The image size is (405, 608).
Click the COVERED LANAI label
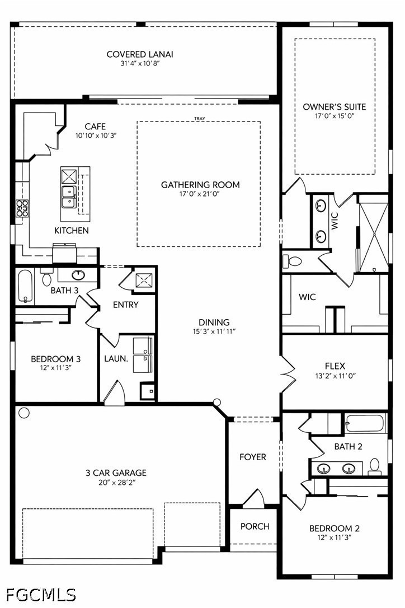pos(139,54)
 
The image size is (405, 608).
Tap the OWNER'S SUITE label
pos(334,106)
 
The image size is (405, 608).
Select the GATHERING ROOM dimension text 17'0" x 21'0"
pos(199,194)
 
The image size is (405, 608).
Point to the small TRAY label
pos(200,119)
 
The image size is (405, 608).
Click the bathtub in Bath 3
pos(26,286)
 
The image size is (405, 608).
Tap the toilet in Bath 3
pos(47,277)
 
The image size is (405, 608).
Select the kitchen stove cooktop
pos(22,208)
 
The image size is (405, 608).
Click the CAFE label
pos(95,127)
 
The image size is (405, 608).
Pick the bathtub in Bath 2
pos(365,423)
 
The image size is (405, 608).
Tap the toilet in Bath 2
pos(375,466)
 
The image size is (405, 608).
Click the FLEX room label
pos(335,366)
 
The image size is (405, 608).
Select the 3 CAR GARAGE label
pos(116,473)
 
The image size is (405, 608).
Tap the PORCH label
pos(255,526)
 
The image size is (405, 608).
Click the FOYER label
pos(253,457)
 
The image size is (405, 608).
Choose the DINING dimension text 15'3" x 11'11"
pos(214,331)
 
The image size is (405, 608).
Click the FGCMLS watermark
pos(41,595)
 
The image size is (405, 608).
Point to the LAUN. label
pos(116,359)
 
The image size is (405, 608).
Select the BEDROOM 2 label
pos(334,528)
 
